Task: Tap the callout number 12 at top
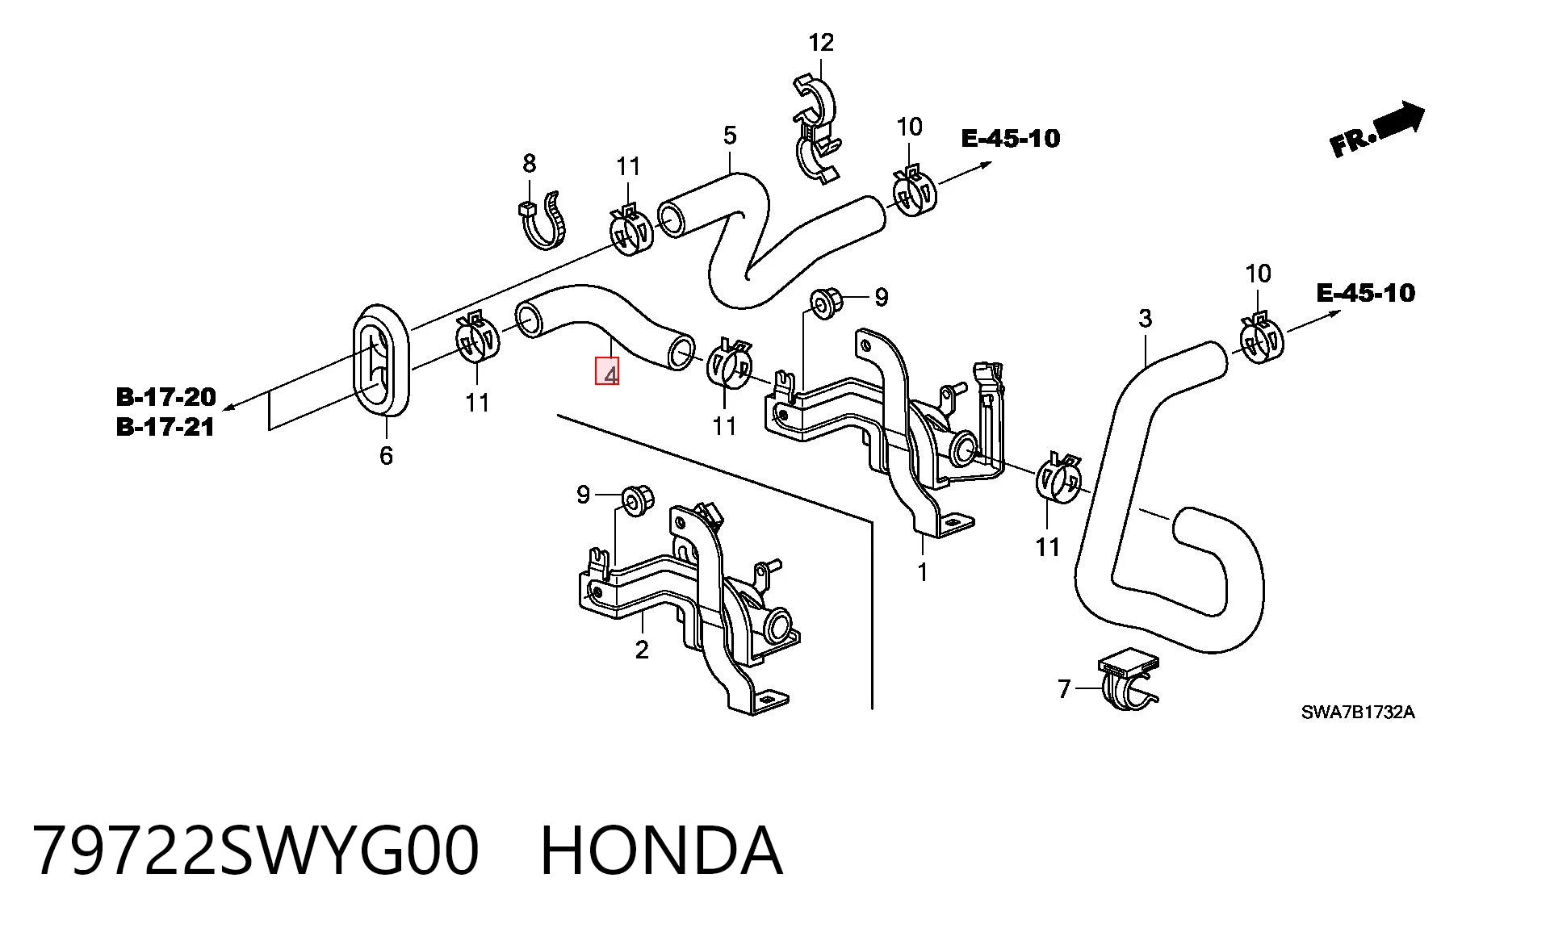821,42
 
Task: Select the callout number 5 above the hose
730,136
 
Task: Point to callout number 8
529,164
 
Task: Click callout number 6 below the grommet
386,456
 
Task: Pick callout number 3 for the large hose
1145,319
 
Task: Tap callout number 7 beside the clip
1064,689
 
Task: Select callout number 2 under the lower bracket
642,650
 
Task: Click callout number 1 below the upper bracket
922,572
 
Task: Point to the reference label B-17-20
166,397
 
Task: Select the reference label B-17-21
165,427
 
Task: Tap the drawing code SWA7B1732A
1358,713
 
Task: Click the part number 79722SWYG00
257,851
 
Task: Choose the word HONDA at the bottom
661,851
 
